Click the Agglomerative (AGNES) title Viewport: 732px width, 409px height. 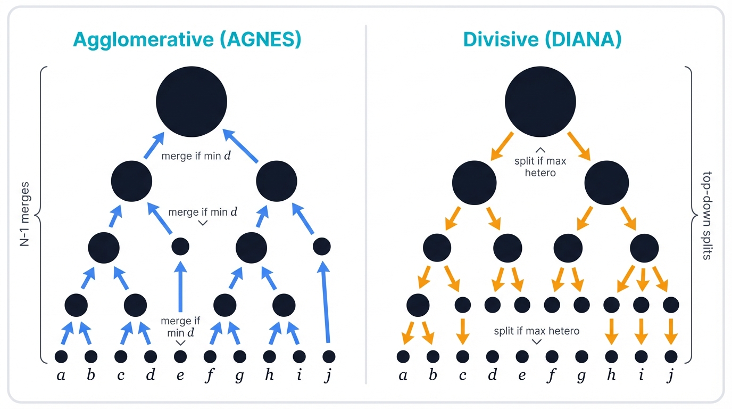pyautogui.click(x=187, y=40)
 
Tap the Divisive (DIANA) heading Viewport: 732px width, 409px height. pyautogui.click(x=542, y=40)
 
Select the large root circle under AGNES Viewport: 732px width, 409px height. pyautogui.click(x=192, y=102)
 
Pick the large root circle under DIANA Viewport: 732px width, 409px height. pyautogui.click(x=540, y=102)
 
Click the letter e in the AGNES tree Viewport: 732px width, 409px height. pyautogui.click(x=180, y=375)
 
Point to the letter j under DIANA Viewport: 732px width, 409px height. pyautogui.click(x=671, y=375)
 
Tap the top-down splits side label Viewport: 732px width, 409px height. pyautogui.click(x=707, y=215)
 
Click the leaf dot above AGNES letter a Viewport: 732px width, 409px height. pyautogui.click(x=61, y=356)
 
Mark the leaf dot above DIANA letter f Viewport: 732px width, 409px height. pyautogui.click(x=552, y=356)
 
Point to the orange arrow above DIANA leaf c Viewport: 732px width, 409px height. pyautogui.click(x=463, y=331)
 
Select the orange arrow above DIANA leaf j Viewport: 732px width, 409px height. pyautogui.click(x=671, y=331)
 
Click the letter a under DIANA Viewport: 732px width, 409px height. pyautogui.click(x=403, y=375)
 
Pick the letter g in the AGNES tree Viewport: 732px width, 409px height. pyautogui.click(x=240, y=375)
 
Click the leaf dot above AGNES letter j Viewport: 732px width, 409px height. pyautogui.click(x=329, y=356)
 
